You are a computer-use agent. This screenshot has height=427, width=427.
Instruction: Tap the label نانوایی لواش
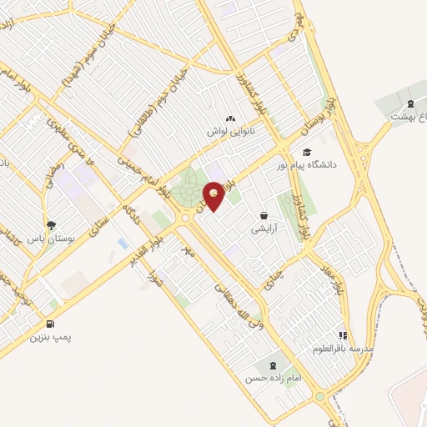point(230,132)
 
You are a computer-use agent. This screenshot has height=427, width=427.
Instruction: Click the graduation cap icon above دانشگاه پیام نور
point(308,153)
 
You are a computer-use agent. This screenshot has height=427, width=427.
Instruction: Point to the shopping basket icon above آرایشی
point(264,215)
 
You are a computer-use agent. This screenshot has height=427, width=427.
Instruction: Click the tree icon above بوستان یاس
point(52,225)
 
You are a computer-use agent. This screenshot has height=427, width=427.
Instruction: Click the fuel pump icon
point(52,324)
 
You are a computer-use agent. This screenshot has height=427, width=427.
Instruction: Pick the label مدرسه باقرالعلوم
point(344,346)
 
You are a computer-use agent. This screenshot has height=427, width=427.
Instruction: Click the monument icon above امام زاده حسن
point(272,365)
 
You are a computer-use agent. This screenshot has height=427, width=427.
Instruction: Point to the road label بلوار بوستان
point(317,114)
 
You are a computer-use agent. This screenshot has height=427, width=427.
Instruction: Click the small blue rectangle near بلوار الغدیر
point(124,244)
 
